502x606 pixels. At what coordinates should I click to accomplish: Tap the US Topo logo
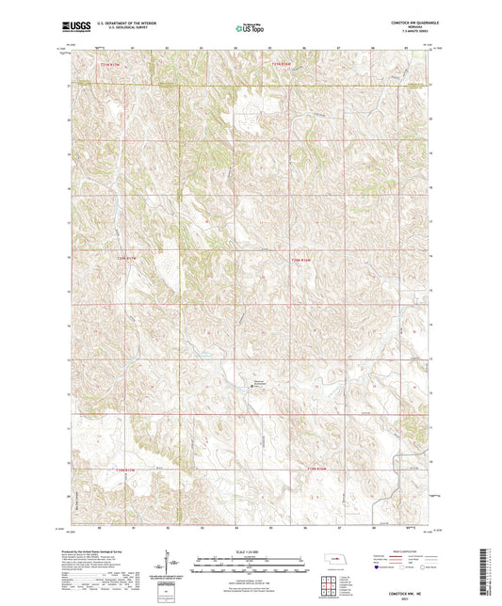click(249, 29)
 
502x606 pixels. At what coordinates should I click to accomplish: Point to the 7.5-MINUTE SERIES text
click(413, 36)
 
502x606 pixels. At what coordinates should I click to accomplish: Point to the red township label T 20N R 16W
click(299, 259)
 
